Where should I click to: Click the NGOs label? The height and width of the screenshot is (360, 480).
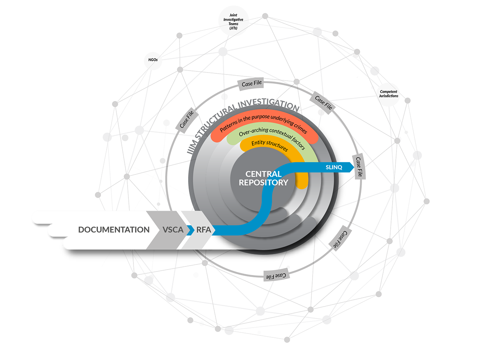[153, 60]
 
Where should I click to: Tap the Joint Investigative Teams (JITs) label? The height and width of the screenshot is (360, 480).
[233, 21]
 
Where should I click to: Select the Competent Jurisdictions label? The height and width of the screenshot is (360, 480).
[388, 94]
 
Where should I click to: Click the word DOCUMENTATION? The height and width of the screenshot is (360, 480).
[114, 229]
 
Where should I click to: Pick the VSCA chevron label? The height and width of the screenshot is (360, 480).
[173, 229]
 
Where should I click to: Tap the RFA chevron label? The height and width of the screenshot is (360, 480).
[204, 229]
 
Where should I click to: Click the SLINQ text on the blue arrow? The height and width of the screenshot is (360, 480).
[334, 167]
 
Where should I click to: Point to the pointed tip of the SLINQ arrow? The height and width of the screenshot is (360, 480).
[354, 167]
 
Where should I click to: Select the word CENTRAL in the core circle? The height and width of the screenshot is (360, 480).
[263, 174]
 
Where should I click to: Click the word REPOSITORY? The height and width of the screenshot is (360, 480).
[263, 183]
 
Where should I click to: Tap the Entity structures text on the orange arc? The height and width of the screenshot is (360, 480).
[270, 145]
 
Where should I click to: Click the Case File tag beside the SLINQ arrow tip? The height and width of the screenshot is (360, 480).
[359, 167]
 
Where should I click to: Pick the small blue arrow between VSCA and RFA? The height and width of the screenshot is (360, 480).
[190, 230]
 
